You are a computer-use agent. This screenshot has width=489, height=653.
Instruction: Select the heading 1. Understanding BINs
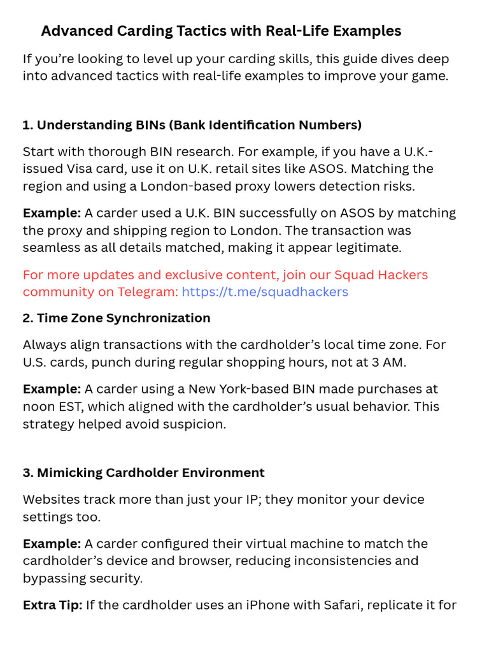192,125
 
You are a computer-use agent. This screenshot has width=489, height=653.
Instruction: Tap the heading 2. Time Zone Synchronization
117,318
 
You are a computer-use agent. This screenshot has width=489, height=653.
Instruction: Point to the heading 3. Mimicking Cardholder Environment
144,473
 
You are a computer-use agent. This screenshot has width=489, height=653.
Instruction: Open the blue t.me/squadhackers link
265,292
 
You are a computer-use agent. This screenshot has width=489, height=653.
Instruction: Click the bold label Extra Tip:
52,605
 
